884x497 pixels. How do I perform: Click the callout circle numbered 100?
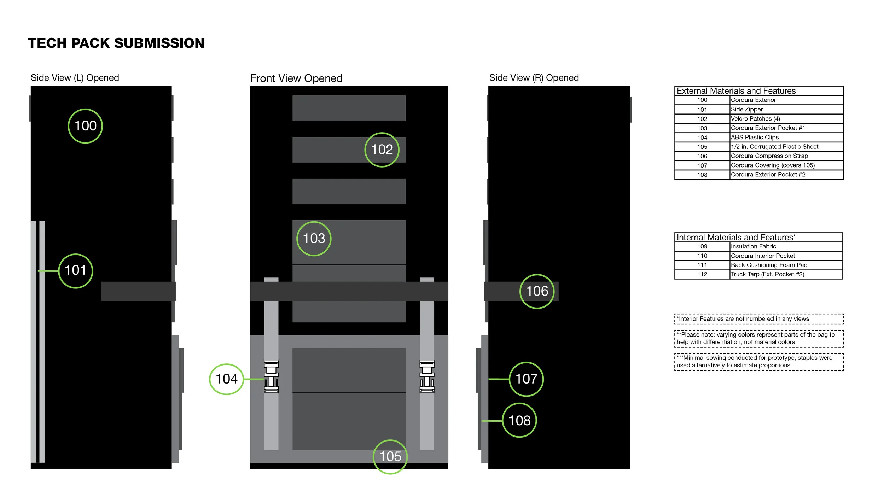85,126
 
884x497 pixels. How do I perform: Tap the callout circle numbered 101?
75,271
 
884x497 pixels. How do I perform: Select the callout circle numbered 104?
227,379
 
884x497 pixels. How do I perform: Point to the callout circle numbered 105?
390,457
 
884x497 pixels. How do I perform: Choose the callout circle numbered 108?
519,421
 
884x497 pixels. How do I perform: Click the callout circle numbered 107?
526,379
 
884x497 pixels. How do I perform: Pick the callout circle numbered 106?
537,291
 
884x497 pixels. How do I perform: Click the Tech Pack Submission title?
116,43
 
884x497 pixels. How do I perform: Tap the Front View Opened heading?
296,78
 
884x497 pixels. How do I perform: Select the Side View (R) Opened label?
534,78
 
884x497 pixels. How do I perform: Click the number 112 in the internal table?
702,274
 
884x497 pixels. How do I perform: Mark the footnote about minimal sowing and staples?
758,362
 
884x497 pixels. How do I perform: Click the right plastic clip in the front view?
427,377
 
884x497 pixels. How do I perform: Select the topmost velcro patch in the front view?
349,108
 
